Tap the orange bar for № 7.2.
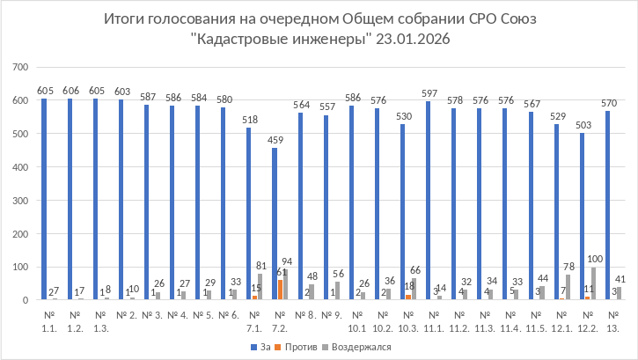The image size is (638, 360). [281, 290]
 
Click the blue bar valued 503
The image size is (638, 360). [583, 217]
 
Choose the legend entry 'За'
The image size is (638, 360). [262, 347]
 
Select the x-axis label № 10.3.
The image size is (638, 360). [408, 320]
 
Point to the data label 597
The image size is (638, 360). [432, 93]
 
